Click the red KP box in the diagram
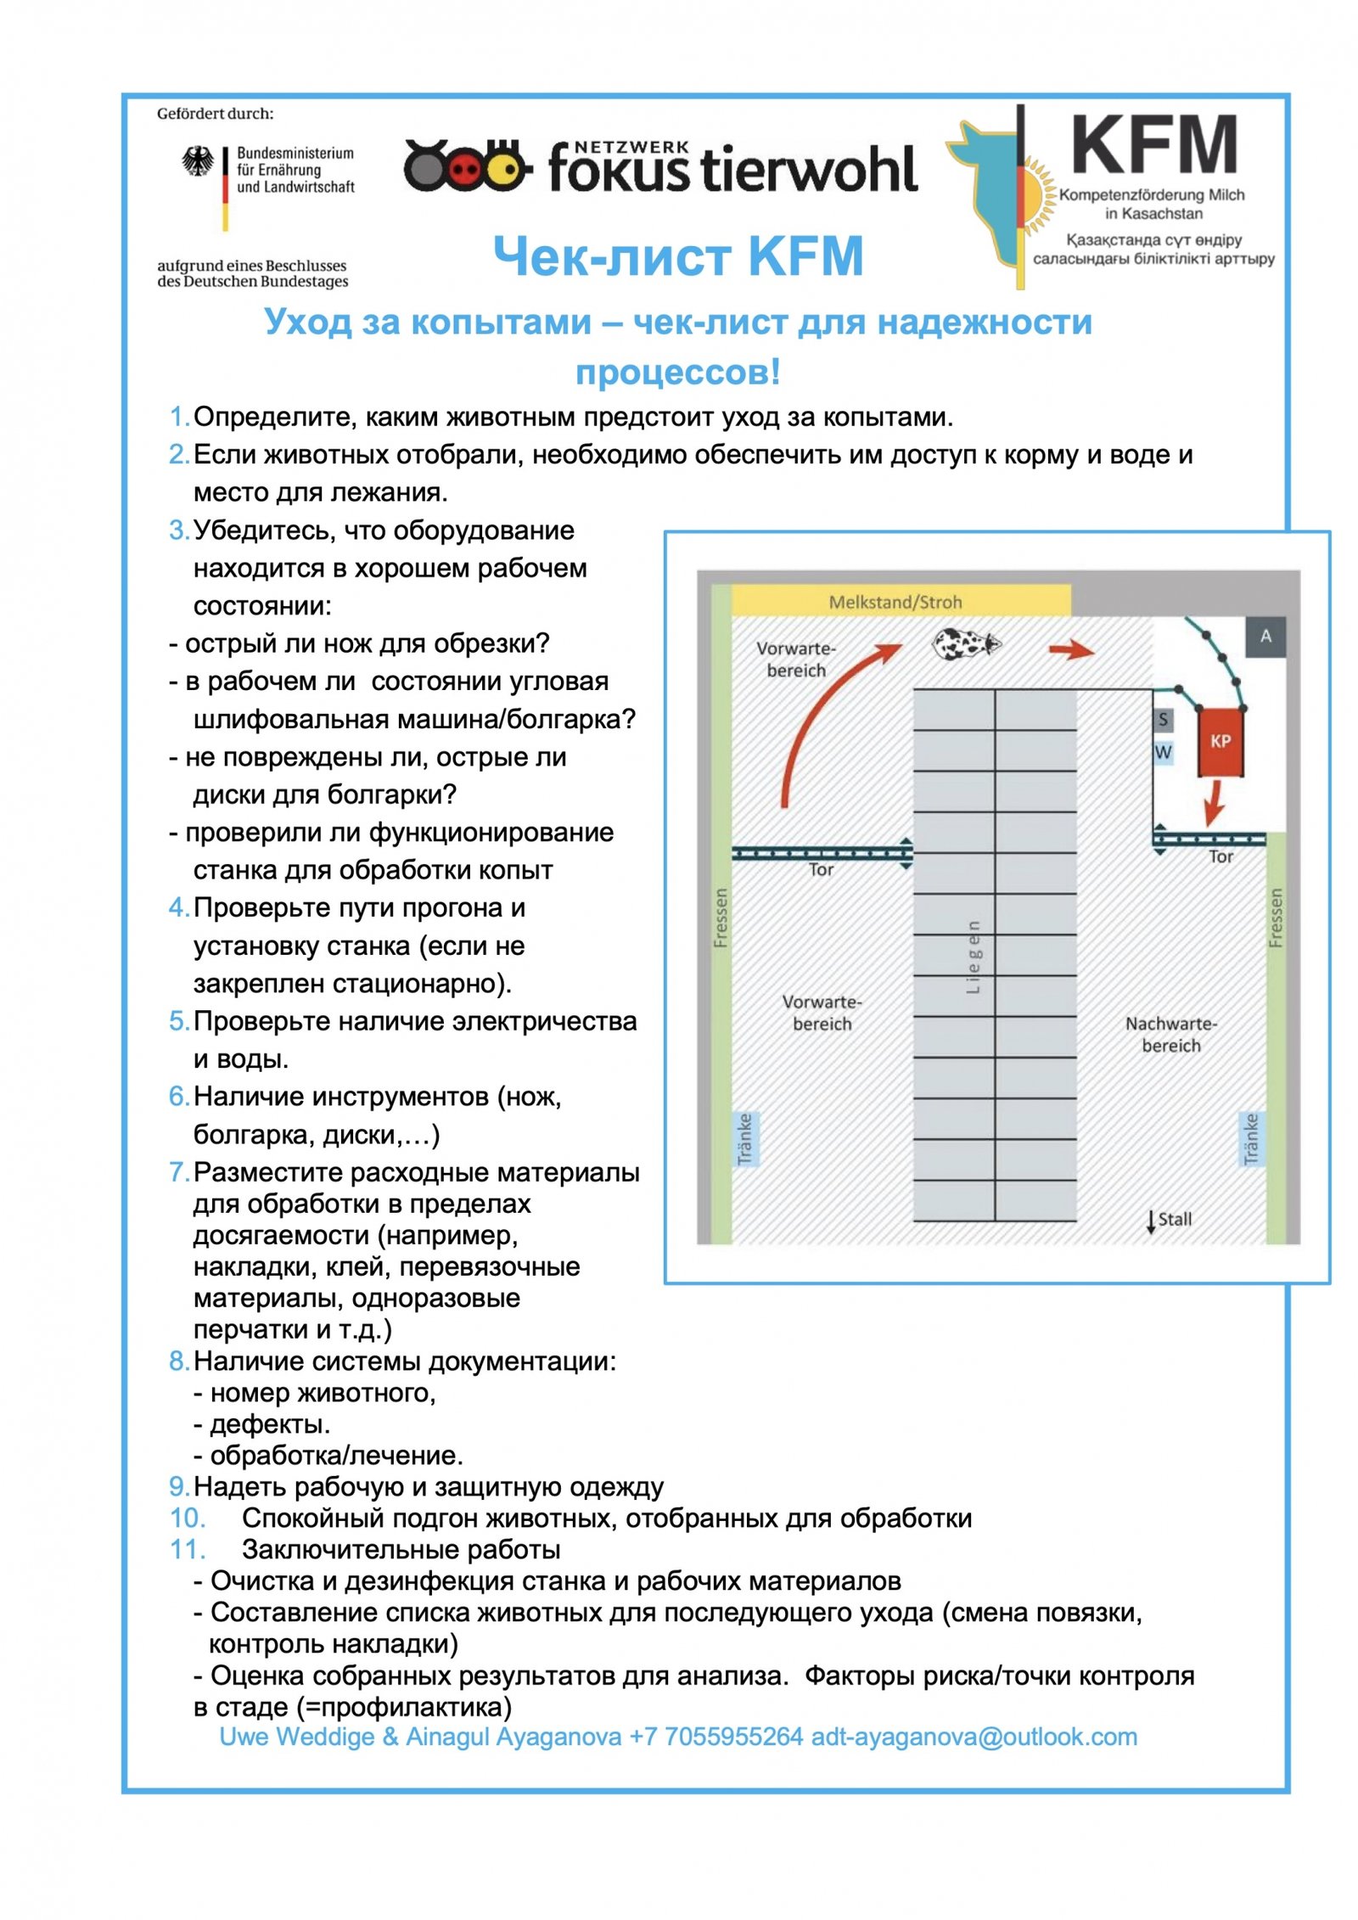(1220, 741)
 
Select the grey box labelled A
(1265, 636)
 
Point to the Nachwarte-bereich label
(1170, 1034)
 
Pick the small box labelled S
(1162, 720)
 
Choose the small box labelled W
(1162, 751)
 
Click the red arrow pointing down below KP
(1215, 801)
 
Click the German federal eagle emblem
(198, 161)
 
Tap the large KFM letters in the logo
(1153, 145)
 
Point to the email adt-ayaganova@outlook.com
(974, 1737)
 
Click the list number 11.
(187, 1549)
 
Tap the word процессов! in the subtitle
(677, 372)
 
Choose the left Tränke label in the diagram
(744, 1138)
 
